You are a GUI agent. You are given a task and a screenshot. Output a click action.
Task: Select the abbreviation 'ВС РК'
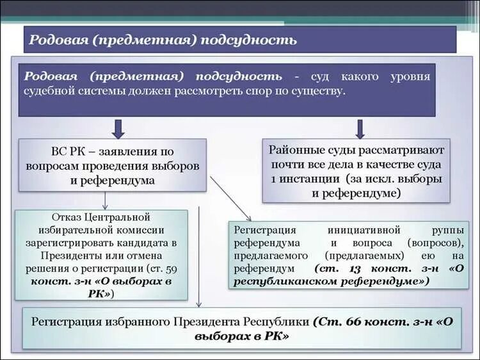pos(65,152)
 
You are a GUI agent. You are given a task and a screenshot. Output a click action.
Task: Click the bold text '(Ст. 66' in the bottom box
pos(338,322)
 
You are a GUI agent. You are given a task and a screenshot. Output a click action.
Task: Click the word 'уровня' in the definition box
pos(410,77)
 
